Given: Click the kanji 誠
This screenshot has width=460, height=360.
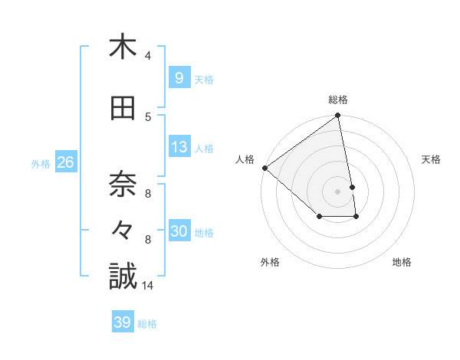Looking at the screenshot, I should point(123,277).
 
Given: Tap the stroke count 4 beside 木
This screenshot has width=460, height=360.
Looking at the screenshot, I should point(148,56).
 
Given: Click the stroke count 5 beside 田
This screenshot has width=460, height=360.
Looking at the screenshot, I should point(148,116).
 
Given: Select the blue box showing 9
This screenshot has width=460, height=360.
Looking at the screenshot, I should point(179,77).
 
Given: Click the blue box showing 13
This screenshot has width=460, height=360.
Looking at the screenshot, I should point(179,147).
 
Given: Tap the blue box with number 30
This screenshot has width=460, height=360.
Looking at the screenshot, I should point(179,231).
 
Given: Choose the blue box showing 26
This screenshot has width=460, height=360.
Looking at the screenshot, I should point(65,162).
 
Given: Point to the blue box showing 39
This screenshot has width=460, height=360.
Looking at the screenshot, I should point(123,322).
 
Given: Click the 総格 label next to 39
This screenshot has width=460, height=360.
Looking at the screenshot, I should point(148,324).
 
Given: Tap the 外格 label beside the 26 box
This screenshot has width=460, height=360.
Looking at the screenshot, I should point(41,163).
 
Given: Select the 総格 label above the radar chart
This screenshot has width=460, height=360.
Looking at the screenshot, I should point(337,100).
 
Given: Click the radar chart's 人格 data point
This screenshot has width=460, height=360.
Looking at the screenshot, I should point(264,168).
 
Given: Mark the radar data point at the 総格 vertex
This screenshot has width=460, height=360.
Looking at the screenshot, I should point(337,116).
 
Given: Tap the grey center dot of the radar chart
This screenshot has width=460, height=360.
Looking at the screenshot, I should point(337,191).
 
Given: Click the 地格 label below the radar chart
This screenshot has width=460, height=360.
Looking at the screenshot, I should point(402,262).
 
